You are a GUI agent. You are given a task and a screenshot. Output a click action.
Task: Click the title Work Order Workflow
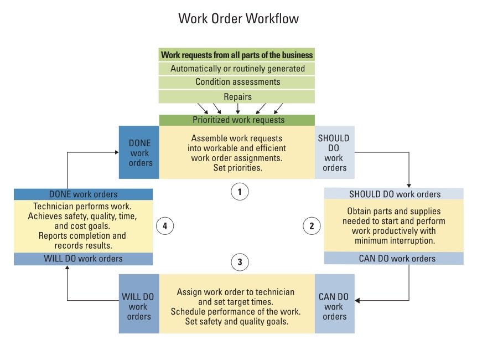tap(239, 18)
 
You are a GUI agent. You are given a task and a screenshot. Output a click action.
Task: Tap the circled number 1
tap(239, 192)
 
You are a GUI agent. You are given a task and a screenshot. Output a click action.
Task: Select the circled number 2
tap(312, 225)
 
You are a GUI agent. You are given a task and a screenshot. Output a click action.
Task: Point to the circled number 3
tap(239, 262)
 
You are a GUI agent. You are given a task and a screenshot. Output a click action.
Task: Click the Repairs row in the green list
tap(237, 96)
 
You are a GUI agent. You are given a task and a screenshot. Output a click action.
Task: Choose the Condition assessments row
tap(237, 82)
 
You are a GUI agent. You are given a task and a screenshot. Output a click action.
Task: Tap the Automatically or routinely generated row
tap(237, 69)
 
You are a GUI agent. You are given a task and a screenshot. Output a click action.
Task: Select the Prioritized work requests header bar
tap(237, 120)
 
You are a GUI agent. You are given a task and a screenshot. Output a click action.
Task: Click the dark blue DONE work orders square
tap(139, 152)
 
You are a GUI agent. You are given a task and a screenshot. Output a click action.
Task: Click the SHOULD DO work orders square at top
tap(334, 152)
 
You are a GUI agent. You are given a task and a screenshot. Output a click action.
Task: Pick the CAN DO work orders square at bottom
tap(334, 306)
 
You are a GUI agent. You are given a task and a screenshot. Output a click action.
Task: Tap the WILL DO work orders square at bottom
tap(139, 306)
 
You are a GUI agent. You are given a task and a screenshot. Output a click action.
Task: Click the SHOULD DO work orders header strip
tap(395, 194)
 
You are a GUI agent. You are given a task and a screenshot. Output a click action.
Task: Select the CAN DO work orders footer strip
tap(395, 259)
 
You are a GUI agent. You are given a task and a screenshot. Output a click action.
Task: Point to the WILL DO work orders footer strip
tap(83, 259)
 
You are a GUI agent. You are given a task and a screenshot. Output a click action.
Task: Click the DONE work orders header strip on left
tap(83, 194)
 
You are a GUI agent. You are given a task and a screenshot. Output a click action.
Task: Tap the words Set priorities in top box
tap(237, 167)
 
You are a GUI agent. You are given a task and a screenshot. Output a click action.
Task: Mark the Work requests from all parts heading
tap(237, 55)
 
